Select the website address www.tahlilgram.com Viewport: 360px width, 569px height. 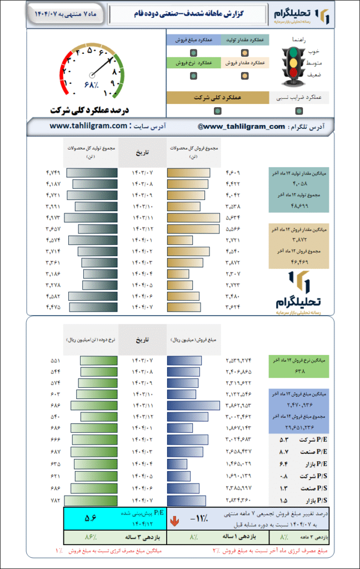point(89,127)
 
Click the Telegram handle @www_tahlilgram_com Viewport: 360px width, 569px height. point(241,127)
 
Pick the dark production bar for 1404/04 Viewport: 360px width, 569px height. point(100,274)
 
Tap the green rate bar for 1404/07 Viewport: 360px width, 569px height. point(95,500)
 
